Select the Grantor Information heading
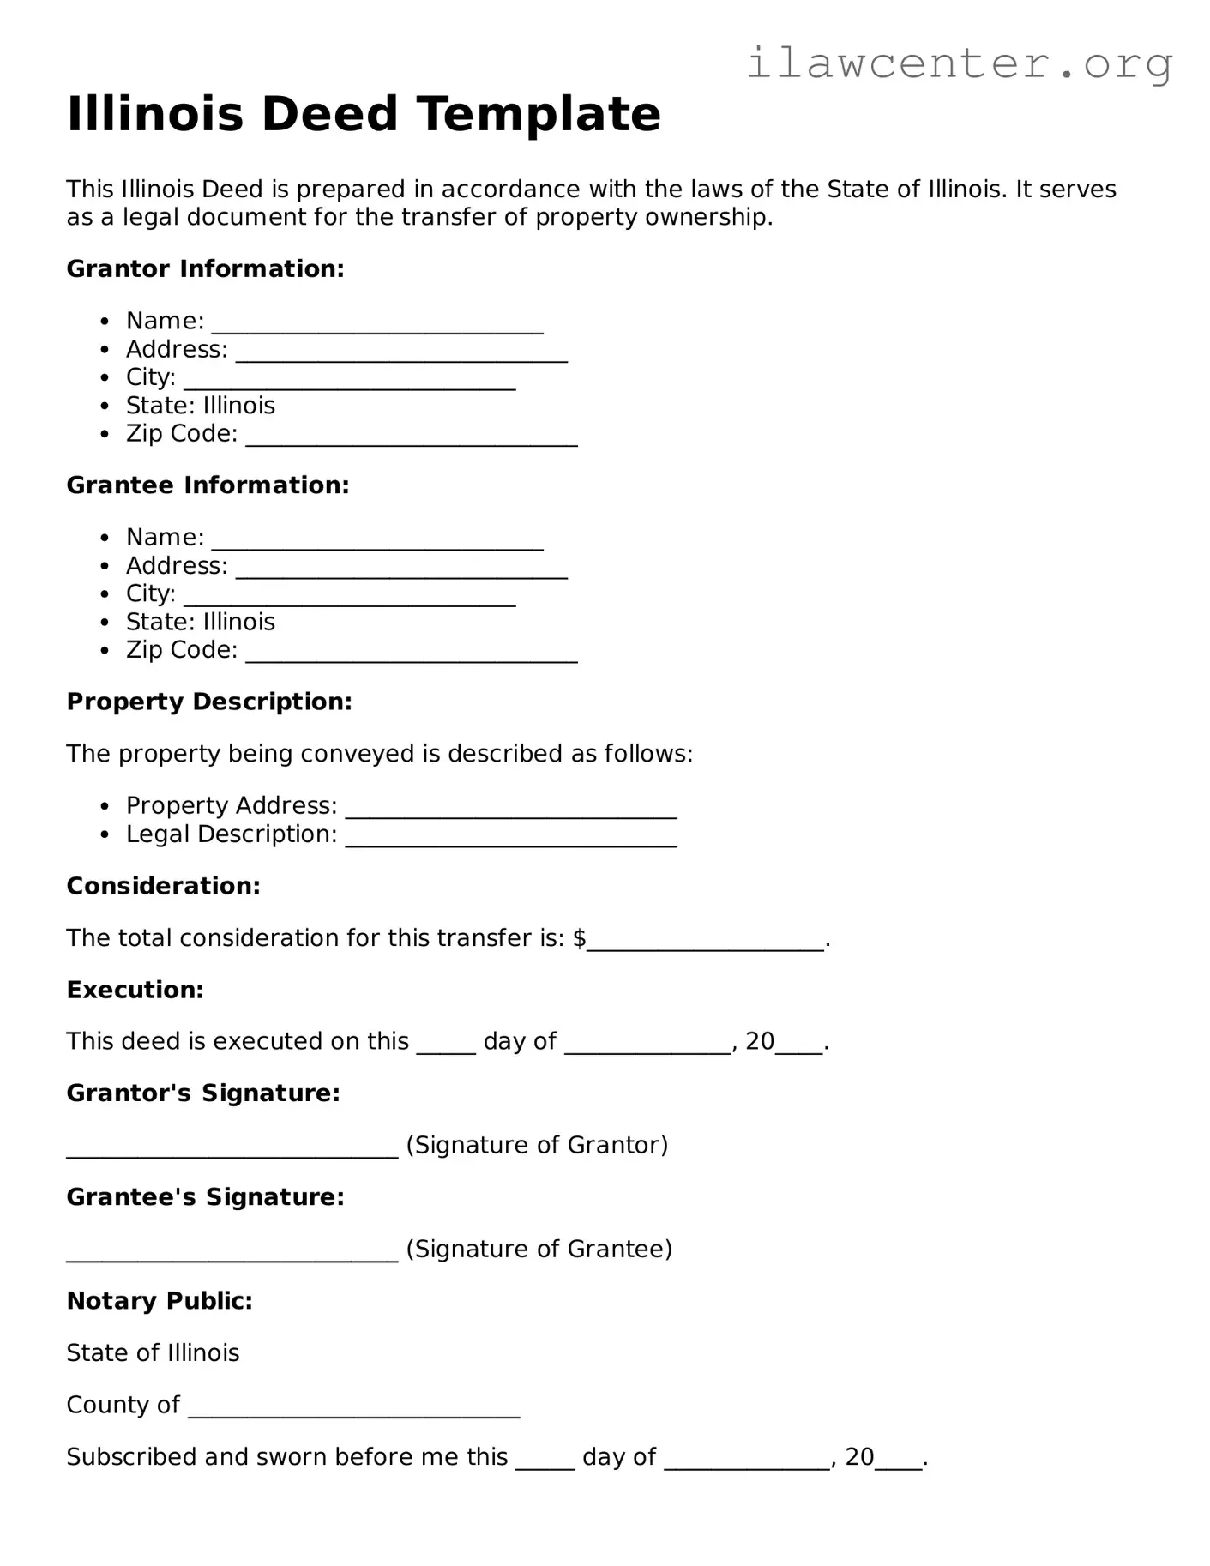click(x=205, y=269)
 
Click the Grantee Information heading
click(x=208, y=485)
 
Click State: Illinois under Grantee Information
click(x=200, y=622)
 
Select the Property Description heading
click(x=209, y=702)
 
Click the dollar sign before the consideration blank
click(x=580, y=938)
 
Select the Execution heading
click(x=135, y=990)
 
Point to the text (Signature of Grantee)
click(x=539, y=1249)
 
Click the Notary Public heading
click(x=160, y=1301)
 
